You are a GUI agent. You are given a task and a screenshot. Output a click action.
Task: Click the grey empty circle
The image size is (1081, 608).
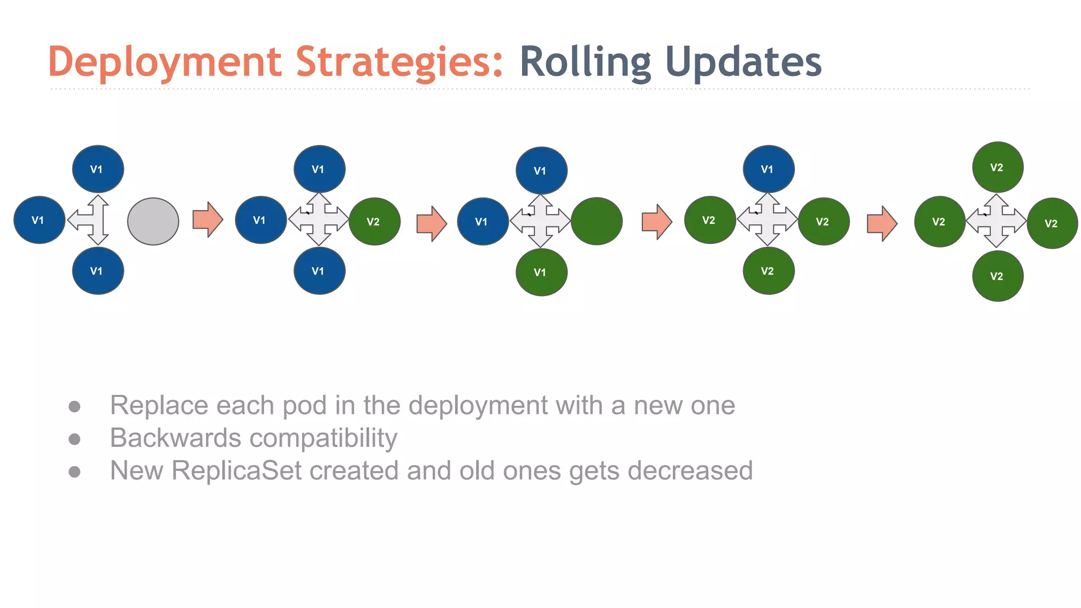[x=153, y=222]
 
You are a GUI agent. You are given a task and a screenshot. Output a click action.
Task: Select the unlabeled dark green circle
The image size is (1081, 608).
[x=596, y=222]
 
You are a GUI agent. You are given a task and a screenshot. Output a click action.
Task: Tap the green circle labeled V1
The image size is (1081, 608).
[x=541, y=272]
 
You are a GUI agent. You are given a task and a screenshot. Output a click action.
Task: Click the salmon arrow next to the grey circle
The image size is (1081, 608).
[x=207, y=219]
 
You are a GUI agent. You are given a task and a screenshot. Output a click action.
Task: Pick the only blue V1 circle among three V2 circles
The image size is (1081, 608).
[x=768, y=169]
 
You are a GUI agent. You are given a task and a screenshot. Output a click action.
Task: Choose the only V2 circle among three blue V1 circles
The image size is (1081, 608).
[x=374, y=222]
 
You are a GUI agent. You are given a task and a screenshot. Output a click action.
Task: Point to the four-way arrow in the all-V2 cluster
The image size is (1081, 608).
[x=996, y=221]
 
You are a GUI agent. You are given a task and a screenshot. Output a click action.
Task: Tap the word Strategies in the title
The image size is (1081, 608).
[x=399, y=62]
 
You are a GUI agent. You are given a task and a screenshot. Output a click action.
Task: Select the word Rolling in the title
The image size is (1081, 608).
[x=585, y=62]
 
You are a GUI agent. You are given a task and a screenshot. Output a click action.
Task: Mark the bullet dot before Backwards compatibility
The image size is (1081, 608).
[x=74, y=439]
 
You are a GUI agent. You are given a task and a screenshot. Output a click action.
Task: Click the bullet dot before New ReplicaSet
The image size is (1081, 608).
[x=74, y=471]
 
